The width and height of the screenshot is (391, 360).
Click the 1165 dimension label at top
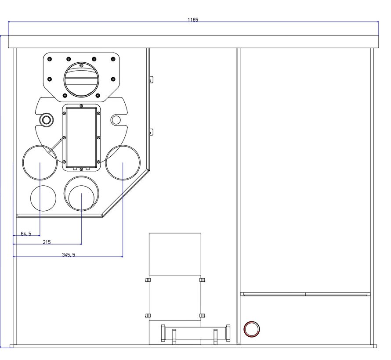click(x=193, y=20)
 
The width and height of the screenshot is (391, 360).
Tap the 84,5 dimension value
click(x=26, y=234)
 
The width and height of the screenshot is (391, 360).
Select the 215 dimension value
click(x=47, y=242)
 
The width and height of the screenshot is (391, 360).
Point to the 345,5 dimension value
click(x=69, y=255)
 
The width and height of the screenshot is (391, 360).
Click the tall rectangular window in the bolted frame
click(x=81, y=137)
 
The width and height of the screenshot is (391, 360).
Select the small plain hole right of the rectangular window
click(x=116, y=120)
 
